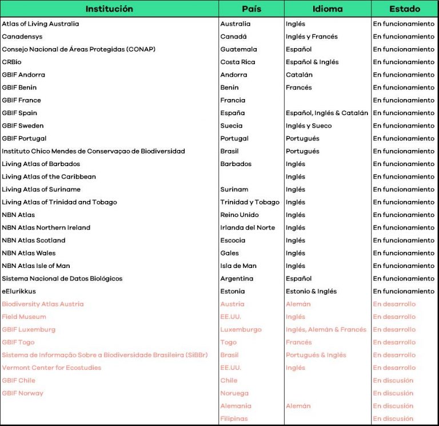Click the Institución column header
point(109,9)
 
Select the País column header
point(252,9)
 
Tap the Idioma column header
point(328,9)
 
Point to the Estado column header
point(404,9)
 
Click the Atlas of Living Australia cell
point(41,24)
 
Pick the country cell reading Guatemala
point(239,49)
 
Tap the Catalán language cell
point(300,75)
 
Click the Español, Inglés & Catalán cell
point(327,113)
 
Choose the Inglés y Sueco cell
point(309,126)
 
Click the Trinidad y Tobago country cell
point(250,202)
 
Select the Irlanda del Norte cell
point(248,227)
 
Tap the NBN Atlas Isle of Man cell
point(36,266)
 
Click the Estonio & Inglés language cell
point(312,291)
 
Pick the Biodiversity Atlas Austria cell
point(43,304)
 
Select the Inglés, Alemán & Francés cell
point(326,329)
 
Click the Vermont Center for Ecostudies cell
point(51,368)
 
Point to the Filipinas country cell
point(234,419)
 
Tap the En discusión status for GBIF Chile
point(393,380)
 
